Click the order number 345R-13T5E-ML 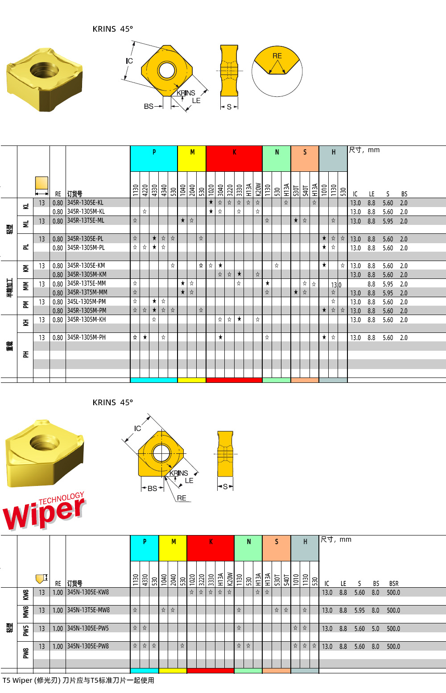coord(86,220)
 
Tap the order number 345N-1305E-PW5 coord(88,628)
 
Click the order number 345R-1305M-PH coord(87,337)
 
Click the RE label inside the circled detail coord(277,56)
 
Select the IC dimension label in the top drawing coord(129,61)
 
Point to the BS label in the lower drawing coord(152,488)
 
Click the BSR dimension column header coord(393,583)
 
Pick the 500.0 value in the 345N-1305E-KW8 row coord(393,593)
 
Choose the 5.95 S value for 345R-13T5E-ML coord(388,221)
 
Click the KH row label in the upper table coord(26,322)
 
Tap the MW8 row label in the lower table coord(26,611)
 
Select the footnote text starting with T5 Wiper coord(78,680)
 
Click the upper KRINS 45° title coord(112,29)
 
